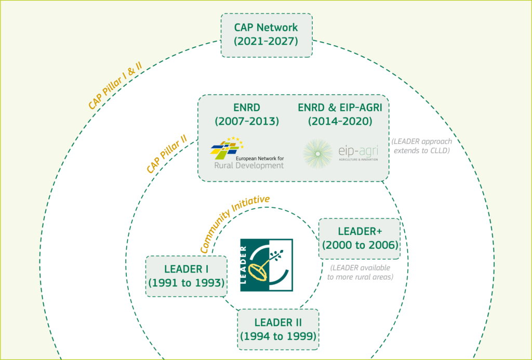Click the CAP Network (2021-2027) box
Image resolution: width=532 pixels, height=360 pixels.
[x=266, y=35]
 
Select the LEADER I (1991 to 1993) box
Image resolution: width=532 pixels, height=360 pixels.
[x=187, y=276]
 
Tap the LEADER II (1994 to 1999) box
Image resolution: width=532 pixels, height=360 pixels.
[x=278, y=329]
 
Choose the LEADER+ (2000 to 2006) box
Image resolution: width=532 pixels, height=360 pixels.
[x=360, y=238]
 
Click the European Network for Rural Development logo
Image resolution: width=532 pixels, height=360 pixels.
[x=247, y=153]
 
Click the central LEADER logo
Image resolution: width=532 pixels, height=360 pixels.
[x=266, y=265]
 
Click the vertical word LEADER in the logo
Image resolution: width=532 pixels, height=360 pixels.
[x=246, y=265]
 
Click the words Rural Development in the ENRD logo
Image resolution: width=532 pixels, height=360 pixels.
[x=249, y=166]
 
